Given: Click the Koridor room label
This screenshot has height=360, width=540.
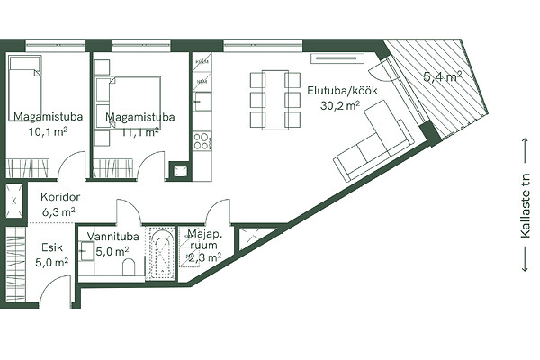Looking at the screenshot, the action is tap(60, 197).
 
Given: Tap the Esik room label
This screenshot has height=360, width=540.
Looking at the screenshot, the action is tap(52, 247).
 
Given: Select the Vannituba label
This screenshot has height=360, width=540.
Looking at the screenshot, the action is tap(113, 237).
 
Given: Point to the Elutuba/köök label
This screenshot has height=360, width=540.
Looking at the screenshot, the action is tap(342, 91).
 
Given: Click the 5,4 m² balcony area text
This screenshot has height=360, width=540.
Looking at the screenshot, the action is tap(443, 76).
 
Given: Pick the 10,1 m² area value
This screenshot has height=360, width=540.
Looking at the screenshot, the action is tap(49, 131).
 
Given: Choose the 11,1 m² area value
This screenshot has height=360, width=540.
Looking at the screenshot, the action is tap(139, 131).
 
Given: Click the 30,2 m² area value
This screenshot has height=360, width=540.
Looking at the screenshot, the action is tap(340, 105).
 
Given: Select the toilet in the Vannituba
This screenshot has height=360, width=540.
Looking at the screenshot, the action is tap(129, 267).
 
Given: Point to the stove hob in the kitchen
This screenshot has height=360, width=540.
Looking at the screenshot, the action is tap(202, 140).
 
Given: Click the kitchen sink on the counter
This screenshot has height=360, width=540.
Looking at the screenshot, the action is tap(202, 102).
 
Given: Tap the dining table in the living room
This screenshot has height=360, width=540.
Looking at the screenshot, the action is tap(275, 100).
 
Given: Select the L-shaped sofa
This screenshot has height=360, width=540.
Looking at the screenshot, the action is tap(373, 140).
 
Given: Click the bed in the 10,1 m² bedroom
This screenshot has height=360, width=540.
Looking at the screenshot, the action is tap(25, 89).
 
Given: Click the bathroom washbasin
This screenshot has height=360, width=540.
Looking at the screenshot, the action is tap(86, 251).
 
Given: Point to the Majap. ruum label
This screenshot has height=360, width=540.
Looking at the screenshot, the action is tap(204, 240).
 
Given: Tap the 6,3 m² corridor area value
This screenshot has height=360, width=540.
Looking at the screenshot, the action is tap(58, 211).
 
